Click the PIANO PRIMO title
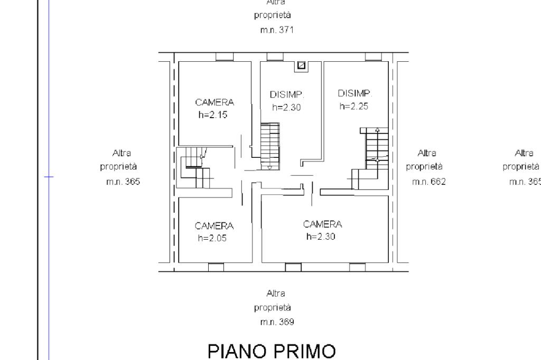(x=272, y=352)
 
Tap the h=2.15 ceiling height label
(x=213, y=114)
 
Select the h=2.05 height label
(x=213, y=238)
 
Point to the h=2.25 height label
(x=353, y=106)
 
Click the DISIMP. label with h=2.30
(x=287, y=95)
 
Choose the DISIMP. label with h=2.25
(x=355, y=93)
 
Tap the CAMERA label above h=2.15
(x=214, y=102)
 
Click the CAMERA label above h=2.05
(x=214, y=226)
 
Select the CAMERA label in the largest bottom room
(x=322, y=224)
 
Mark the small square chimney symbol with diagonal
(x=302, y=65)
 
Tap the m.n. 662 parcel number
(x=428, y=182)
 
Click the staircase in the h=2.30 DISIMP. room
(x=271, y=145)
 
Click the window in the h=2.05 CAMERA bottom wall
(x=216, y=267)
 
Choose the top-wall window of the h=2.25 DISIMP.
(x=374, y=57)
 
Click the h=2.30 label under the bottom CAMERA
(x=321, y=236)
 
